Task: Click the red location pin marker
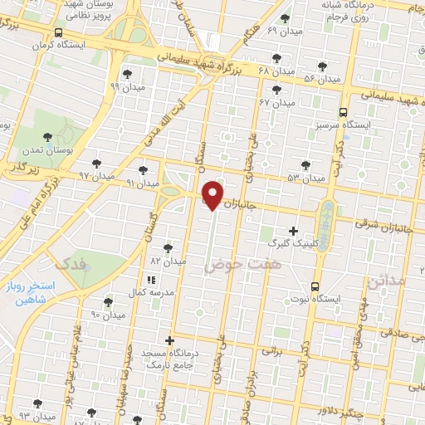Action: click(213, 193)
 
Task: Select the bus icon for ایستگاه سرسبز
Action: click(343, 112)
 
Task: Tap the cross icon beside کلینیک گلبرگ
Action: click(292, 231)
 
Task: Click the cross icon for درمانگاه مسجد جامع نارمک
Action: click(169, 340)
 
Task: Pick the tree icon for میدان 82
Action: click(168, 247)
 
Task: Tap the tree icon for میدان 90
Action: click(107, 302)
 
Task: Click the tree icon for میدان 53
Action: click(305, 164)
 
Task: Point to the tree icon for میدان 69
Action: click(286, 17)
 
